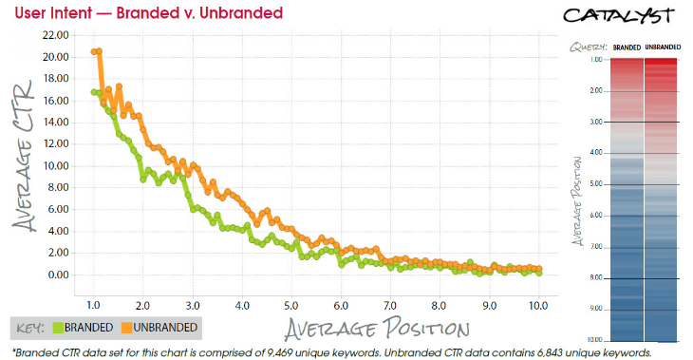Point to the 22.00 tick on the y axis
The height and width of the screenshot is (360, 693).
click(x=55, y=34)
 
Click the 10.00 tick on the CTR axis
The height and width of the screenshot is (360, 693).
click(x=55, y=165)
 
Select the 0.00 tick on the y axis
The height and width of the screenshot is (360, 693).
click(x=57, y=275)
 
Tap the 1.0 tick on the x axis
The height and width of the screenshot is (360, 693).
click(x=93, y=306)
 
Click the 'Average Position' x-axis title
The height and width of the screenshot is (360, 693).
click(x=374, y=329)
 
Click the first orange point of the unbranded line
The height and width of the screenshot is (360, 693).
click(x=93, y=51)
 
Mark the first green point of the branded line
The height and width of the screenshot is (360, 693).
click(x=93, y=92)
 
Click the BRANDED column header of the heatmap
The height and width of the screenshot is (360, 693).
click(x=627, y=47)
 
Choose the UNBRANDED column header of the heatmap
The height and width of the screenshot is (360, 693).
click(x=662, y=47)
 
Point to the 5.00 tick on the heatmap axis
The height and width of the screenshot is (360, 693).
click(x=597, y=184)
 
